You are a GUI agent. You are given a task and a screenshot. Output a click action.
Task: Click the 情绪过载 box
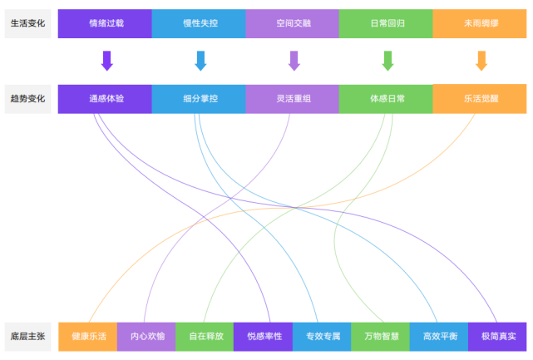pyautogui.click(x=105, y=23)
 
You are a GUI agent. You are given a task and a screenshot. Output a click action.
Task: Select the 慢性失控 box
pyautogui.click(x=199, y=23)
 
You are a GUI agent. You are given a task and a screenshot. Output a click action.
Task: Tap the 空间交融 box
pyautogui.click(x=293, y=23)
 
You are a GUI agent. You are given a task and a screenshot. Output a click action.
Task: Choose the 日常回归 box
pyautogui.click(x=386, y=23)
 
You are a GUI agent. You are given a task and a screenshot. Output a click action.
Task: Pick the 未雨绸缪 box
pyautogui.click(x=480, y=23)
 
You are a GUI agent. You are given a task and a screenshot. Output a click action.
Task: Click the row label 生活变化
pyautogui.click(x=28, y=23)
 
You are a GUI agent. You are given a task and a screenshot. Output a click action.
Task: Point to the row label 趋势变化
pyautogui.click(x=28, y=98)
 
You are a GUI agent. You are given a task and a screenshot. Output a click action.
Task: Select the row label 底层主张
pyautogui.click(x=28, y=337)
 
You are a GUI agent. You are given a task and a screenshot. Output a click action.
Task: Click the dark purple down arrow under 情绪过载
pyautogui.click(x=106, y=61)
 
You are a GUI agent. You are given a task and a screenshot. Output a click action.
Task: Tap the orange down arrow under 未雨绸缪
pyautogui.click(x=481, y=61)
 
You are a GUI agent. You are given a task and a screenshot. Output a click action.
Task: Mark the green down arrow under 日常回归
pyautogui.click(x=387, y=61)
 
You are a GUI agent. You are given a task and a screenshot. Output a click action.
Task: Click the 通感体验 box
pyautogui.click(x=105, y=98)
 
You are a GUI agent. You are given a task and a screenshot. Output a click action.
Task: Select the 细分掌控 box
pyautogui.click(x=199, y=98)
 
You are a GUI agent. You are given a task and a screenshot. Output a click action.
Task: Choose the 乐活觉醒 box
pyautogui.click(x=480, y=98)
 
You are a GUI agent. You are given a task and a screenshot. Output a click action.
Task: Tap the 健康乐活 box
pyautogui.click(x=88, y=337)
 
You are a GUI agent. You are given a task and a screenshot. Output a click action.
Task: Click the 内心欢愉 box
pyautogui.click(x=146, y=337)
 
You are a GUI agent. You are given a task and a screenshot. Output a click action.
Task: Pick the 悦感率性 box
pyautogui.click(x=264, y=337)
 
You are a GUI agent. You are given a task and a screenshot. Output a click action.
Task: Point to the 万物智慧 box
pyautogui.click(x=381, y=337)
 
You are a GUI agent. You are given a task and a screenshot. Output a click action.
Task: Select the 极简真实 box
pyautogui.click(x=497, y=337)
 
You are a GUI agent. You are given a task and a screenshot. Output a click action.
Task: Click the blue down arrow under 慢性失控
pyautogui.click(x=200, y=61)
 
